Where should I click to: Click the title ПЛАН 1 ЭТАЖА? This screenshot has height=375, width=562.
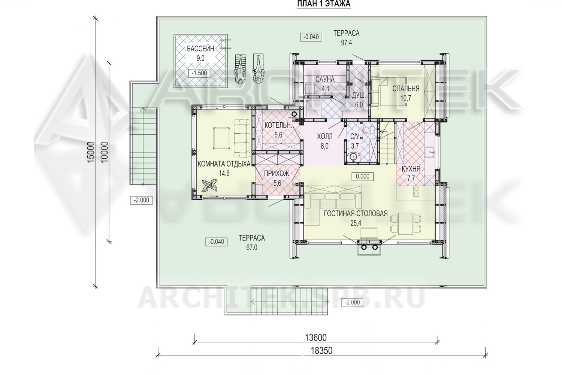click(324, 4)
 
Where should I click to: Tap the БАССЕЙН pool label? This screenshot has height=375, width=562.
click(200, 48)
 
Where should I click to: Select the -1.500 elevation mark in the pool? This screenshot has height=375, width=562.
click(199, 73)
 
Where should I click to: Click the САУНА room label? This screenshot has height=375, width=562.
click(325, 79)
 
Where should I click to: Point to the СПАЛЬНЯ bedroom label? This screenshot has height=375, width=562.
click(406, 88)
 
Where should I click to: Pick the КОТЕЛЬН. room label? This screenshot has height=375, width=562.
click(278, 125)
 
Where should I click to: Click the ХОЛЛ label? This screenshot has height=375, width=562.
click(325, 136)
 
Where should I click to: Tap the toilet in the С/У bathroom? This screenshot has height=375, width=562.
click(369, 130)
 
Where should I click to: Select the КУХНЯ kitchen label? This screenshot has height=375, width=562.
click(411, 169)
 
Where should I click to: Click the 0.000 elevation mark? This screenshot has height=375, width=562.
click(363, 177)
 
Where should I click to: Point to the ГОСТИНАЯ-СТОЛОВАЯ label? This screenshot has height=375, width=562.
click(356, 213)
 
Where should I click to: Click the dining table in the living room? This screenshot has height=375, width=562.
click(406, 224)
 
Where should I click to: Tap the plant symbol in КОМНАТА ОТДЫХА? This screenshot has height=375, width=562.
click(209, 186)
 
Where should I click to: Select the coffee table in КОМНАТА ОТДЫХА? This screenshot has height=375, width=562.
click(221, 138)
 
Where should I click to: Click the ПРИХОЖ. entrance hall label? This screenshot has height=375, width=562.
click(277, 174)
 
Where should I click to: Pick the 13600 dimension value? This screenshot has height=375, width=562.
click(315, 338)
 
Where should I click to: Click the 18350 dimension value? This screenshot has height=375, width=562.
click(321, 351)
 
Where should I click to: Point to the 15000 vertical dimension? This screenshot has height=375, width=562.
click(91, 152)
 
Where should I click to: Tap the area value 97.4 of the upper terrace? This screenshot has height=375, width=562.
click(347, 43)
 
